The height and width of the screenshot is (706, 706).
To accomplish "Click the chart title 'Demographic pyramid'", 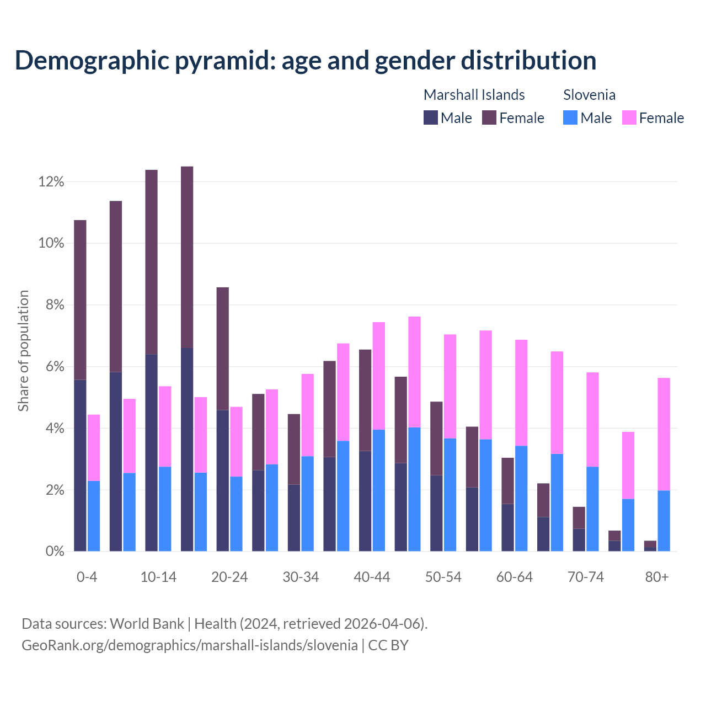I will [x=305, y=60].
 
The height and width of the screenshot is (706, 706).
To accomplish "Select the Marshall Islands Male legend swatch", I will [x=430, y=117].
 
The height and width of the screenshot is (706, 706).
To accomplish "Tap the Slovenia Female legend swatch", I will [x=629, y=117].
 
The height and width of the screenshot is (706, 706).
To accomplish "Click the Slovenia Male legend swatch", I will [x=570, y=117].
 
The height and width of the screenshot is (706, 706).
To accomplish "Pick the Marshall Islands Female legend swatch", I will [x=489, y=117].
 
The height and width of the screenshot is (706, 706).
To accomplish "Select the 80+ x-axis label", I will [x=657, y=577].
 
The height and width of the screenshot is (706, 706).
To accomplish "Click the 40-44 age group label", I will [x=372, y=577].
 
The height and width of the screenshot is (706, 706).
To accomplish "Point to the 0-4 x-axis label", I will [x=87, y=577].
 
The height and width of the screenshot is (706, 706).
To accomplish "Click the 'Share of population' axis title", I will [x=24, y=351].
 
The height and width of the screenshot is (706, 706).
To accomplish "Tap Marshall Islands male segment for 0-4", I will [x=80, y=466].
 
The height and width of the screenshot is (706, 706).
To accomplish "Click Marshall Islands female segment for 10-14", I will [x=151, y=262].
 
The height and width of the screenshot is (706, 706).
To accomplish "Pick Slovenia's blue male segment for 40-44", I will [x=379, y=490].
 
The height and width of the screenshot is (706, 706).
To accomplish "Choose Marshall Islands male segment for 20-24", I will [x=222, y=480].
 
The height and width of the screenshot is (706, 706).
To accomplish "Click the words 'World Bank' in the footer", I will [x=147, y=624].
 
